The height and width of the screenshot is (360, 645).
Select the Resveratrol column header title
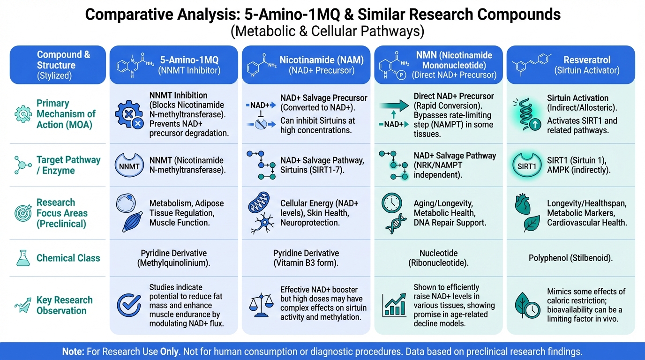tap(586, 60)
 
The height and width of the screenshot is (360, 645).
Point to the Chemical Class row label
tap(68, 258)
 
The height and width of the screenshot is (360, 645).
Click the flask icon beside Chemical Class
tap(22, 258)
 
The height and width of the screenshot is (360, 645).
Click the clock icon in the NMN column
tap(393, 203)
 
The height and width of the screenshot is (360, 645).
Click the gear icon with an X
tap(128, 114)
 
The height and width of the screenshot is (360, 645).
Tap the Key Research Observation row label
tap(64, 305)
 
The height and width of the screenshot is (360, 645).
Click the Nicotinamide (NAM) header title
tap(323, 60)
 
